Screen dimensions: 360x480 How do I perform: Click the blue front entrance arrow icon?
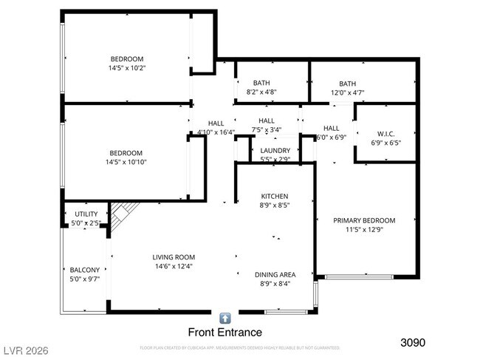click(225, 318)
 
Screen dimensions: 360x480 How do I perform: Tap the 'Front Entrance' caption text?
click(225, 333)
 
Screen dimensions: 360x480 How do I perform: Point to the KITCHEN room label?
click(274, 196)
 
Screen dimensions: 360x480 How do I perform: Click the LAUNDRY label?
click(275, 150)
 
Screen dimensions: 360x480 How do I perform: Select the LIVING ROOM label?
click(174, 257)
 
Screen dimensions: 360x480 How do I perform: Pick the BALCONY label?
click(84, 270)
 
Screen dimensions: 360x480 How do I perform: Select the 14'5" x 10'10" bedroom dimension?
click(127, 162)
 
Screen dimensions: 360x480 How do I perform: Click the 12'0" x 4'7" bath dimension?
click(347, 93)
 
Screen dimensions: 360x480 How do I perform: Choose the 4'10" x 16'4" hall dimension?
click(216, 133)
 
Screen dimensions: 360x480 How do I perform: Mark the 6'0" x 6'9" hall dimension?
click(332, 137)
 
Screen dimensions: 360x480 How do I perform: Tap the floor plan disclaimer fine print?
click(239, 347)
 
